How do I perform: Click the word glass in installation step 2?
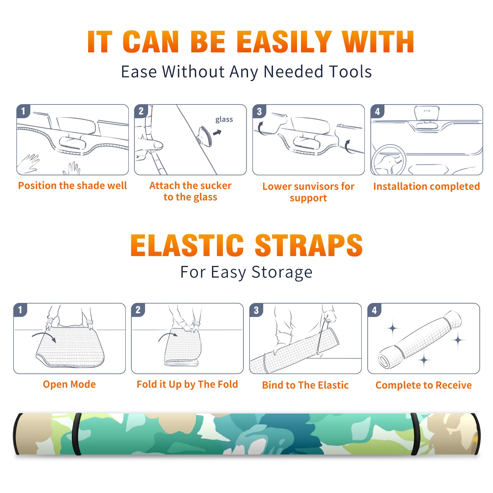pyautogui.click(x=224, y=120)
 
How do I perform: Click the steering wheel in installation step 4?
pyautogui.click(x=388, y=160)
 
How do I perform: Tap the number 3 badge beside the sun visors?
pyautogui.click(x=259, y=111)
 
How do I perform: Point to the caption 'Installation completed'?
pyautogui.click(x=426, y=186)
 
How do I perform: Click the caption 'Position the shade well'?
pyautogui.click(x=72, y=185)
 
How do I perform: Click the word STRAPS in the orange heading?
pyautogui.click(x=309, y=245)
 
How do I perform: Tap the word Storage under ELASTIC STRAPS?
pyautogui.click(x=282, y=272)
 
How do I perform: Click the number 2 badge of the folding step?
pyautogui.click(x=138, y=310)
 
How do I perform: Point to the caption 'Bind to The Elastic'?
pyautogui.click(x=305, y=385)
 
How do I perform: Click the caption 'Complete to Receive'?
pyautogui.click(x=424, y=385)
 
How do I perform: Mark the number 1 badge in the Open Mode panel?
pyautogui.click(x=20, y=310)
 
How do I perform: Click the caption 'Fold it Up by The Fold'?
pyautogui.click(x=187, y=385)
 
